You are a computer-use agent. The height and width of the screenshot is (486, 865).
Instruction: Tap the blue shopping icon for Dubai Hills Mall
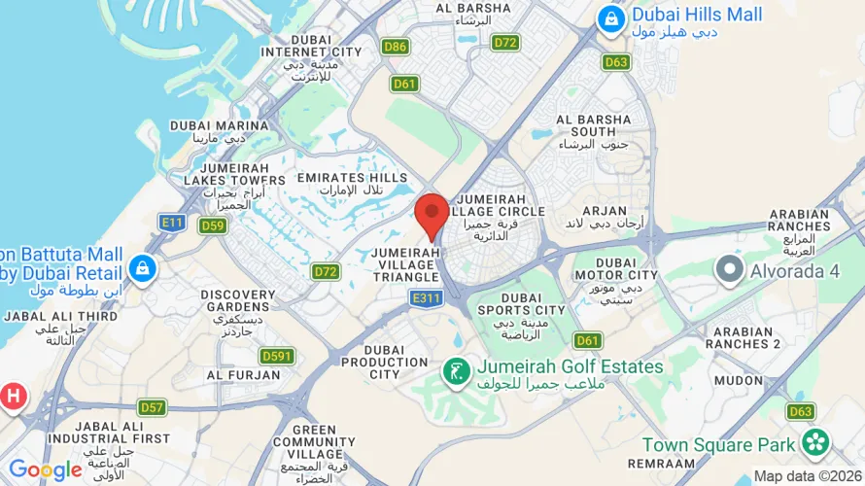(610, 17)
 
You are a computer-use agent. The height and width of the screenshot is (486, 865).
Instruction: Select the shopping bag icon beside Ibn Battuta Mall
(142, 267)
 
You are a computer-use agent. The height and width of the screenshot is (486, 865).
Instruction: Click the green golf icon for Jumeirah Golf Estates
(453, 369)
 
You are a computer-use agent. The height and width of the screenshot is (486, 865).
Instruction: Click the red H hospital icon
(14, 396)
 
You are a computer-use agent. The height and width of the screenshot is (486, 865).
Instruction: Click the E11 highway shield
(172, 223)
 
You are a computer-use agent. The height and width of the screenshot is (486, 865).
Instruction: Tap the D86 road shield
(395, 47)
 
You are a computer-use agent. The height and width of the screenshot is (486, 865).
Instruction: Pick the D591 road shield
(277, 356)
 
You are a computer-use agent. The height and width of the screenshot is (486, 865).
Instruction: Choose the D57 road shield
(152, 406)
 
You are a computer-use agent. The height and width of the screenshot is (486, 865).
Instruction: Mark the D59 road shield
(212, 226)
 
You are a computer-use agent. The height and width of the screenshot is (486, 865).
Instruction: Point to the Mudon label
(739, 380)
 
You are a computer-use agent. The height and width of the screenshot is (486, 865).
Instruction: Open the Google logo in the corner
(45, 470)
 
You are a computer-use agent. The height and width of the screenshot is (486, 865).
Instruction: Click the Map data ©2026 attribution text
(808, 476)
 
